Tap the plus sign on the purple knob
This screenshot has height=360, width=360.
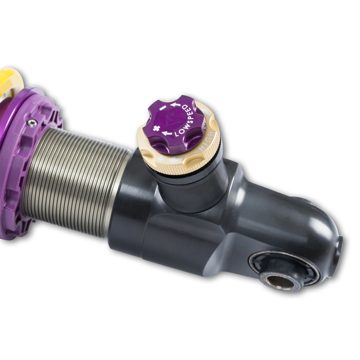point(156,128)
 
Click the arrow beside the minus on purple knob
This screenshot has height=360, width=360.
point(175,104)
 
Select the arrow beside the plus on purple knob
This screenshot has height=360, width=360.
point(167,133)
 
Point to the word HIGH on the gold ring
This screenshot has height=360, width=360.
point(206,142)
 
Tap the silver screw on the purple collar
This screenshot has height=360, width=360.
point(32,123)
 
